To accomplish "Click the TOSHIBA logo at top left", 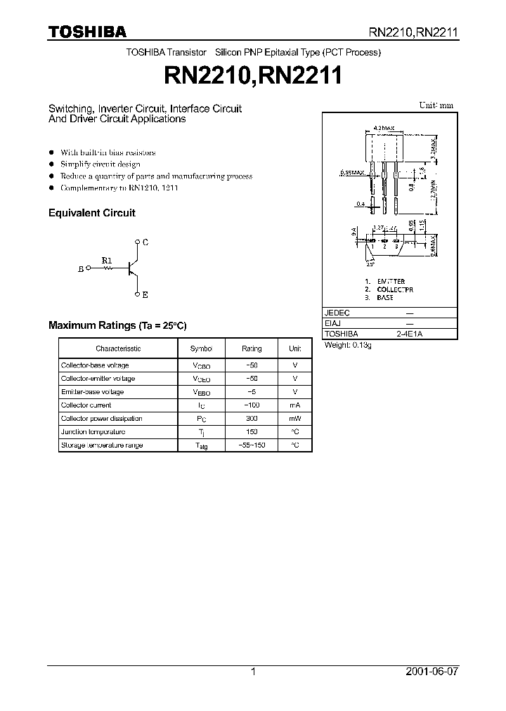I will click(87, 32).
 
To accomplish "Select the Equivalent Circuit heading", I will click(91, 213).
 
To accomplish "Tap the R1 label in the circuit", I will click(107, 260).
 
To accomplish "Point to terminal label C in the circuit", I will click(145, 242).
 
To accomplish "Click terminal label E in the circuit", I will click(145, 295).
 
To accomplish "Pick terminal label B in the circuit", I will click(81, 268).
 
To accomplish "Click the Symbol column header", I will click(201, 348).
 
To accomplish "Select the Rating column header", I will click(252, 348).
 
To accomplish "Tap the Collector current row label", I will click(86, 405).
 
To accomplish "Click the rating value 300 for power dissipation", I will click(252, 419).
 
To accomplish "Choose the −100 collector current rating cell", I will click(252, 405).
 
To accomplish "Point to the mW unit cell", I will click(295, 419).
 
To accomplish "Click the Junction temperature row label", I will click(93, 432).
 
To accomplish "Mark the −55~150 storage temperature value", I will click(252, 445).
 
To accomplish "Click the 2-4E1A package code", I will click(410, 334).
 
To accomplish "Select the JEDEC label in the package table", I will click(337, 313).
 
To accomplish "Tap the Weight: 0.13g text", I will click(348, 346).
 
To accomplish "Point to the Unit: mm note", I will click(436, 105).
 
